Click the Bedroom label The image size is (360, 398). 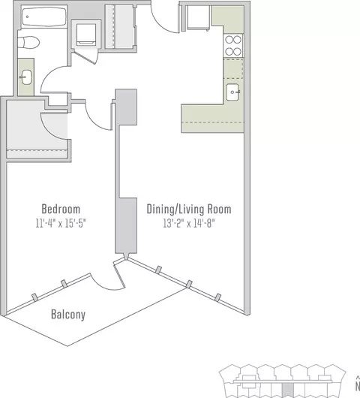pos(61,210)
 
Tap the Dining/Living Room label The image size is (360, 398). pos(189,210)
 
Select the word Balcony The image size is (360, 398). pos(68,315)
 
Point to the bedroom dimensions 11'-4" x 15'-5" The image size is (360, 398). pos(61,223)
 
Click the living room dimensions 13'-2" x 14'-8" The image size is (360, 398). pos(189,223)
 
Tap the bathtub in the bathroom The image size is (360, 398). pos(43,17)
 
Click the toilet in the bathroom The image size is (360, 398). pos(28,42)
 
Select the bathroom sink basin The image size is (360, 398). pos(26,77)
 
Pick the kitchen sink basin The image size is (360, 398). pos(232,92)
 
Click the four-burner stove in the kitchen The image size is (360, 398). pos(233,46)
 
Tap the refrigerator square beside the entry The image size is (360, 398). pos(198,17)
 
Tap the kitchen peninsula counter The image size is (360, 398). pos(212,119)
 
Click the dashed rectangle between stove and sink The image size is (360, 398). pos(233,68)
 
